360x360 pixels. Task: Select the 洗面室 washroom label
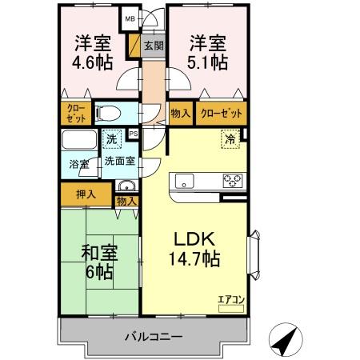coord(119,161)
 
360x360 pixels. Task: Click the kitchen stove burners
coord(232,180)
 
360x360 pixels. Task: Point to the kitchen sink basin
coord(185,180)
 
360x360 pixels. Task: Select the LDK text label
coord(192,239)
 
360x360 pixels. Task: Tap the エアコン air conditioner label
coord(230,299)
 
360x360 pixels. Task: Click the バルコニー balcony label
coord(152,337)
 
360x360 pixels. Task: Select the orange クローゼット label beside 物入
coord(221,114)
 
